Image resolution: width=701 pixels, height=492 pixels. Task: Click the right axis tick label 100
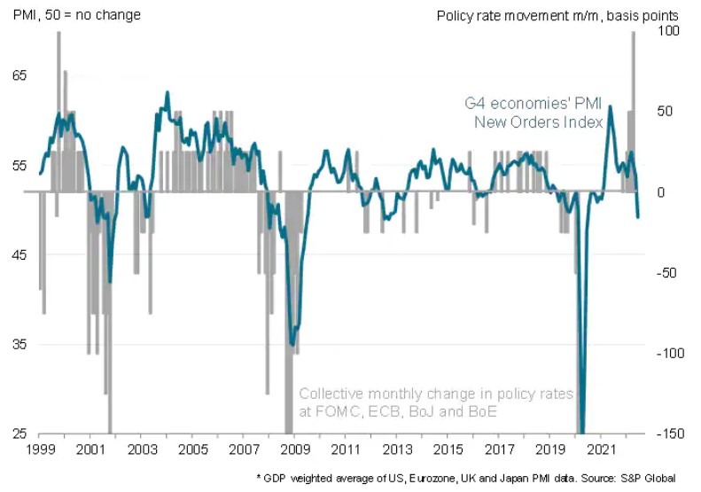pyautogui.click(x=666, y=31)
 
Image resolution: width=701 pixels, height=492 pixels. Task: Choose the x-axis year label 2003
pyautogui.click(x=141, y=449)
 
